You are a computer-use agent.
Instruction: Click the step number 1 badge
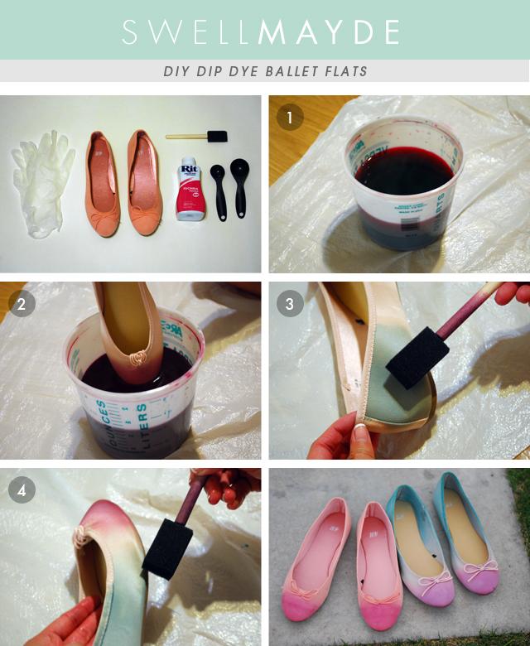pos(290,118)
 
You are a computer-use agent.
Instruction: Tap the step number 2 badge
pos(21,304)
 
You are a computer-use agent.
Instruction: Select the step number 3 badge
pos(290,304)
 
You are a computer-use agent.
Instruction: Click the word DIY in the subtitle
pos(177,71)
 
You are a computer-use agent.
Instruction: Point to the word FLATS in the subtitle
pos(350,71)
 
